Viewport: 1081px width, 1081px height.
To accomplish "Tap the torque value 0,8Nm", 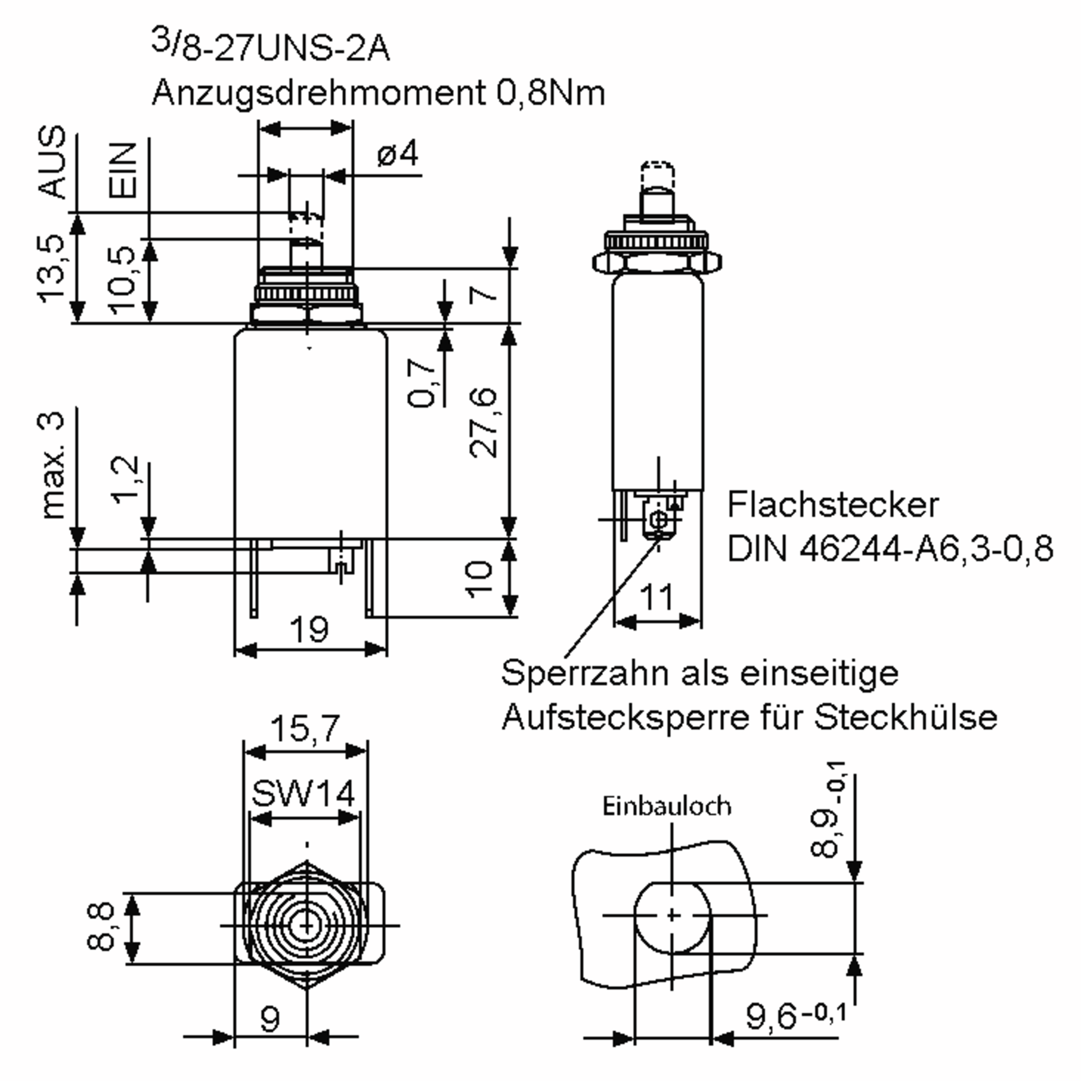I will coord(550,93).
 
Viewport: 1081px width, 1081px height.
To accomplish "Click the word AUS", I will coord(52,162).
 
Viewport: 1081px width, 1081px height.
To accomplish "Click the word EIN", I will coord(123,170).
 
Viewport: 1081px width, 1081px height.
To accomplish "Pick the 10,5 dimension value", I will coord(123,279).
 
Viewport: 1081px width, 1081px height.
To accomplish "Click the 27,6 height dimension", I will coord(483,422).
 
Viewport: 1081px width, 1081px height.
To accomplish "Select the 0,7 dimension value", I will coord(421,383).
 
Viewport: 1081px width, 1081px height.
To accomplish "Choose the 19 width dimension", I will coord(309,630).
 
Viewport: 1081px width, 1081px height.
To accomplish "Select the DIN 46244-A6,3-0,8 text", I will coord(890,548).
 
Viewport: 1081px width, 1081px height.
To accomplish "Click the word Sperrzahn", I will coord(587,673).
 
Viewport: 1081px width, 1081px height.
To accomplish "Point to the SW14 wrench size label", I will coord(303,793).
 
